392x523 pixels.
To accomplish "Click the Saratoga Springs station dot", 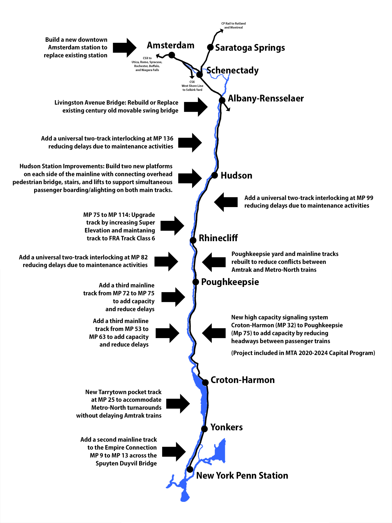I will point(210,47).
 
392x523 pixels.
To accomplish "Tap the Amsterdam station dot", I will point(172,55).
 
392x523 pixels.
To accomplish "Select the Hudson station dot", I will point(214,175).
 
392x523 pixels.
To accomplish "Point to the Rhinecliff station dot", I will point(193,240).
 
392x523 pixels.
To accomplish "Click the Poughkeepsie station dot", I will point(195,282).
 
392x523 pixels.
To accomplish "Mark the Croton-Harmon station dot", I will point(205,382).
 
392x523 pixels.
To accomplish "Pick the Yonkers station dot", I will point(204,429).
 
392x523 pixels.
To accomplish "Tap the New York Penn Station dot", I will point(190,469).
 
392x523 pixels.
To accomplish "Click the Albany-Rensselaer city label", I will point(266,98).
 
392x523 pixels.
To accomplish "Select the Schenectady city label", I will point(232,70).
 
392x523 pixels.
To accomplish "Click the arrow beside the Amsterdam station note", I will point(125,48).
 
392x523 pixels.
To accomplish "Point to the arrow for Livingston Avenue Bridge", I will point(196,107).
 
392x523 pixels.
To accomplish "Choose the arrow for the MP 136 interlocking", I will point(190,143).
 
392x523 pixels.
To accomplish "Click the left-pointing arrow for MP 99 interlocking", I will point(226,202).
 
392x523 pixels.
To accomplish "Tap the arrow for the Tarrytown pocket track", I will point(178,404).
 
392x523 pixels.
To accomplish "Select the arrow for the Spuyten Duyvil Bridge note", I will point(174,452).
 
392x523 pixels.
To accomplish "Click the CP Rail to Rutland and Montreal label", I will point(233,25).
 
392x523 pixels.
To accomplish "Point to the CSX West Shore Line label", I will point(192,86).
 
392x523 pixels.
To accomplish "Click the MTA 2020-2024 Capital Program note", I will point(303,353).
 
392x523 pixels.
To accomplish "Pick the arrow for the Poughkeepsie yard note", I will point(214,262).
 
